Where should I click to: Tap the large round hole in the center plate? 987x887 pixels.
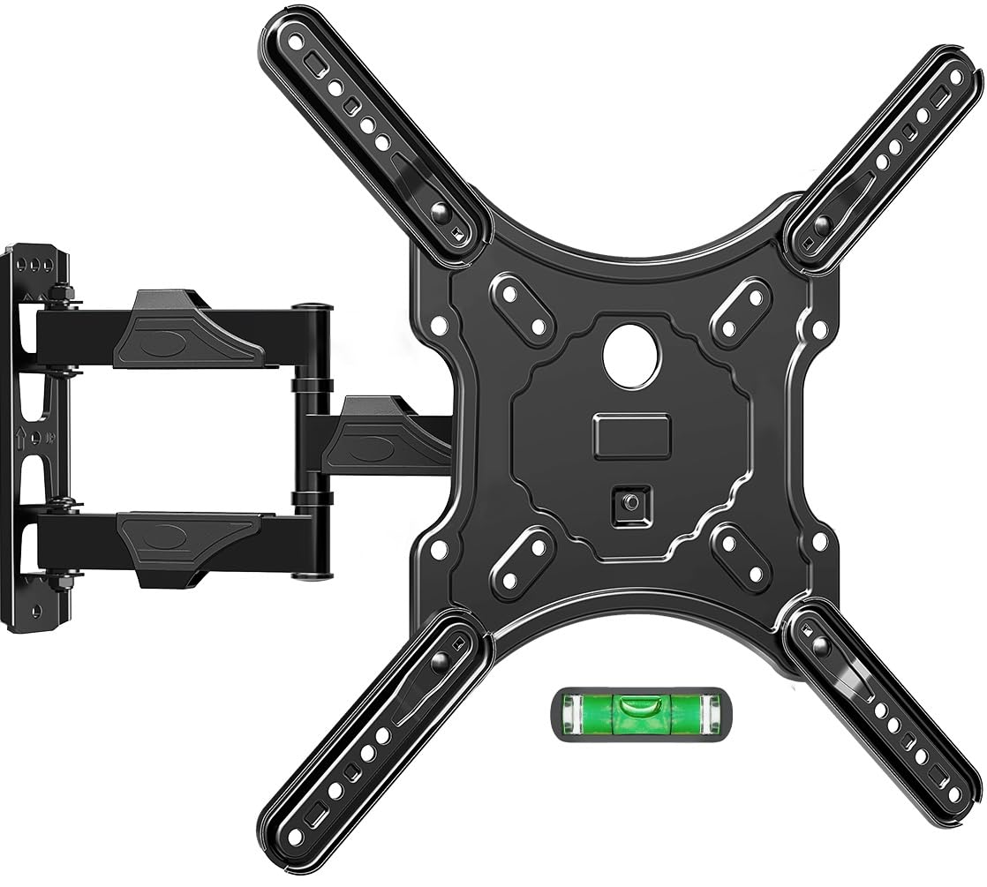632,355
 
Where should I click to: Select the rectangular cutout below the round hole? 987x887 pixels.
632,436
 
